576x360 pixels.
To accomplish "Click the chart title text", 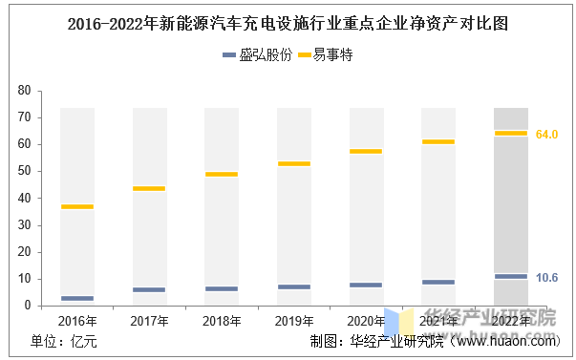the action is [288, 24].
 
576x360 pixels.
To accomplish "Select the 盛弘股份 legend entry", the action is [258, 55].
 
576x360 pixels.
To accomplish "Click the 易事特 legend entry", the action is [325, 55].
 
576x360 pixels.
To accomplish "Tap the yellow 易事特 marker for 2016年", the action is [77, 206].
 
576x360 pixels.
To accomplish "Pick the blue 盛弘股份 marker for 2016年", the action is [77, 298].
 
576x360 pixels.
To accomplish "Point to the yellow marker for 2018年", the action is [222, 174].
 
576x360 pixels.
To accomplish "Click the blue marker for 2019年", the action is [294, 286].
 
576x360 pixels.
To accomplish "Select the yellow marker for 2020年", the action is [366, 151].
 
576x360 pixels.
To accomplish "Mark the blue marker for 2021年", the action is [438, 282].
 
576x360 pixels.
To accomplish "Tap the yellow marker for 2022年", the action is [511, 134].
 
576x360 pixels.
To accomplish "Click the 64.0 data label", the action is [546, 135].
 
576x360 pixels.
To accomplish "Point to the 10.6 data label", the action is [546, 278].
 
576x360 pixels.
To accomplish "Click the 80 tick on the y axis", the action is [24, 91].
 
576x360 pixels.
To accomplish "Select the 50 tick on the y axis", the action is [24, 171].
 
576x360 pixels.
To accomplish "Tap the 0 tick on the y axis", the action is [28, 306].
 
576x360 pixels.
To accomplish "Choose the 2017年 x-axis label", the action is [149, 321].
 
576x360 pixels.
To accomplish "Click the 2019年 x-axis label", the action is [294, 321].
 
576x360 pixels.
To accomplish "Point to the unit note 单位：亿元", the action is [64, 342].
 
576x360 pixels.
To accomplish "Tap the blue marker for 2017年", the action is [149, 290].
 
